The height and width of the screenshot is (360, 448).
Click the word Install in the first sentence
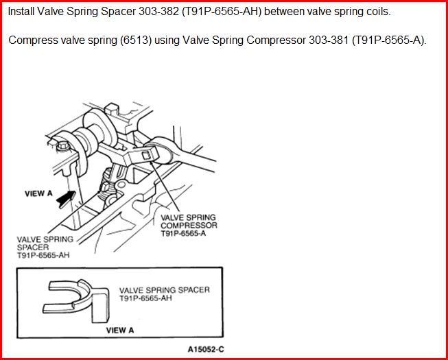(21, 12)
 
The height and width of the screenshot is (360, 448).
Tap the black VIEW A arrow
(67, 200)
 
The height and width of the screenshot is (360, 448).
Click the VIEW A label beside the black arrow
(38, 193)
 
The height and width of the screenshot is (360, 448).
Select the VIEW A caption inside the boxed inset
(120, 331)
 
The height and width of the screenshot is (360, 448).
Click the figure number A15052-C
(206, 349)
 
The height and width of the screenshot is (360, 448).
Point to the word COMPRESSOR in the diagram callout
(189, 225)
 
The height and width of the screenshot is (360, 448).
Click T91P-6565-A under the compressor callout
(183, 233)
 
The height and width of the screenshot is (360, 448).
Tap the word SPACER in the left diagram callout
(33, 248)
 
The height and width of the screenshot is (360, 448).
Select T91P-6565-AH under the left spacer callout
(43, 255)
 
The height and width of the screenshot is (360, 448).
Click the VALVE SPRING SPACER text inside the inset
(165, 290)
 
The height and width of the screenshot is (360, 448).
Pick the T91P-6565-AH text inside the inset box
(145, 298)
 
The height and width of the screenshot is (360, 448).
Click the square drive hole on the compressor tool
(146, 156)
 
